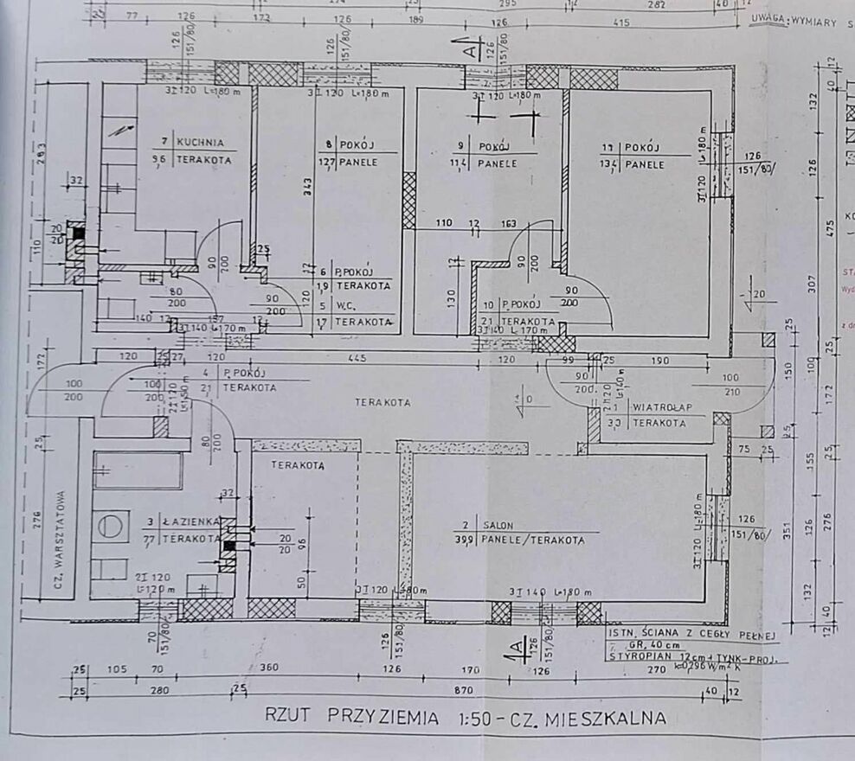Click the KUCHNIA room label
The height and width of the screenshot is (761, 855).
(x=201, y=142)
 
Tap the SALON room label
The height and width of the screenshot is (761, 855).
(x=500, y=525)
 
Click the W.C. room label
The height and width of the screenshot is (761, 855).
(x=347, y=304)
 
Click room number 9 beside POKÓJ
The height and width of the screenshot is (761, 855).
(x=461, y=147)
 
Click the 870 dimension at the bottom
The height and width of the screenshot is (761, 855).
(x=465, y=690)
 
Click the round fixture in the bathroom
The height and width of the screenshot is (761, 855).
(x=111, y=525)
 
